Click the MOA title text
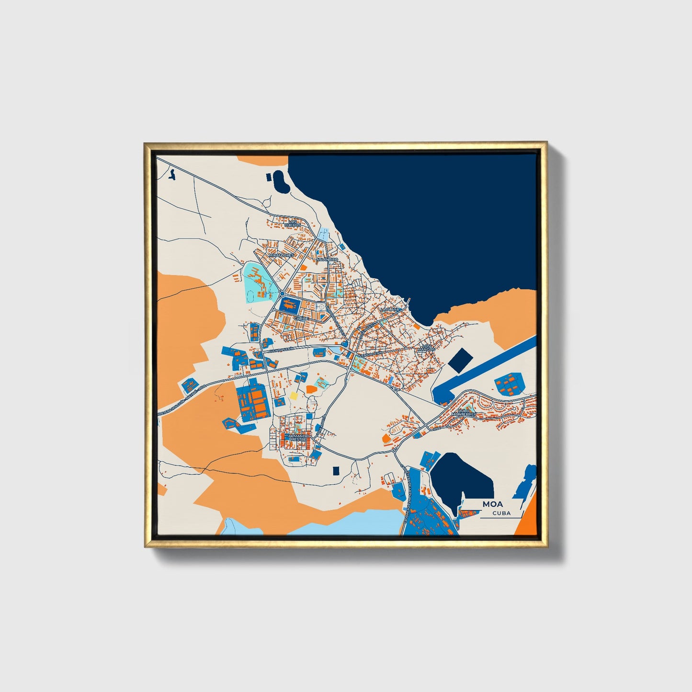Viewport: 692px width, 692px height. [492, 504]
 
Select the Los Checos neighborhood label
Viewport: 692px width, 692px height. [293, 223]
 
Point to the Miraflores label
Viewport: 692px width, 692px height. [281, 256]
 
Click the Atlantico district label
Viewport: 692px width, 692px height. [327, 260]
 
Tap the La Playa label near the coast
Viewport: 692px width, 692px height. [389, 310]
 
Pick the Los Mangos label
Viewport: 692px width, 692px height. [426, 348]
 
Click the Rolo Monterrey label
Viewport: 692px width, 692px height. [465, 412]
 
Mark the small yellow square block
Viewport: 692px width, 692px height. [293, 396]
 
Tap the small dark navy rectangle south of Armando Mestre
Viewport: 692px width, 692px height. [336, 471]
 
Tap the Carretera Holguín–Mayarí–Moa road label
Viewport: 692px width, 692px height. [182, 399]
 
